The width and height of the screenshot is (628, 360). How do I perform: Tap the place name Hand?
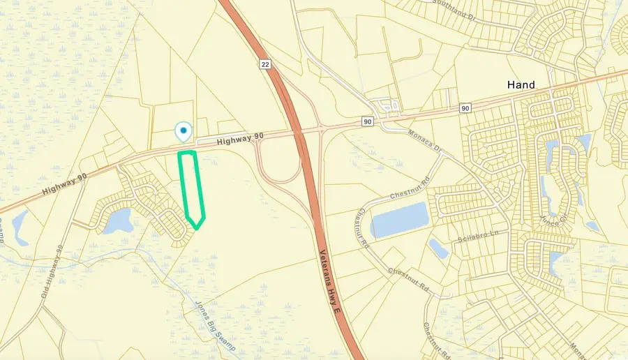(521, 84)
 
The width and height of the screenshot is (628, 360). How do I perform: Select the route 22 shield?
(264, 63)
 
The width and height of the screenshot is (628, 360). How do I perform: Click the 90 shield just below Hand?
(465, 108)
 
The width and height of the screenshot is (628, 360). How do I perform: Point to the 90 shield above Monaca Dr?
(367, 121)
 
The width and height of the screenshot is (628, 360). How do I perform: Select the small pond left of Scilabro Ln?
(438, 248)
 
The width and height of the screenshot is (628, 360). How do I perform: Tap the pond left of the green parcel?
(119, 220)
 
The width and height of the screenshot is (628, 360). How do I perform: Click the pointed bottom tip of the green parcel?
(197, 227)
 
